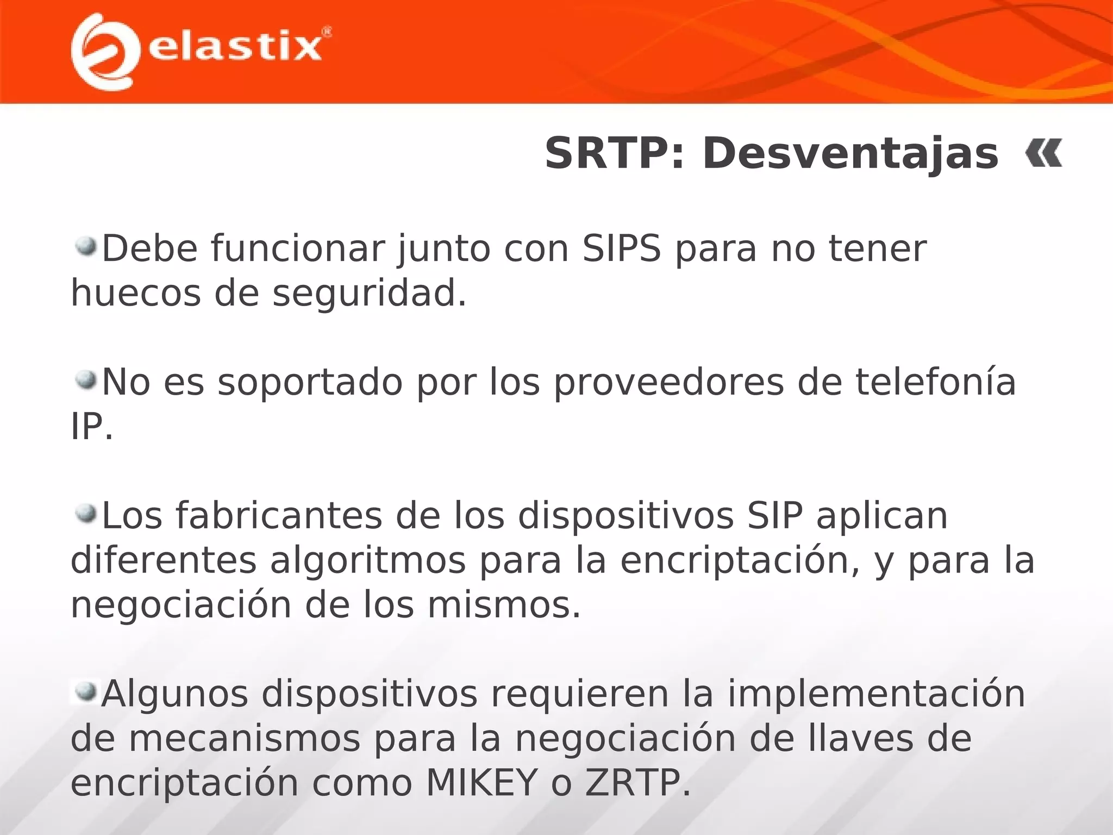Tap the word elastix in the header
click(235, 47)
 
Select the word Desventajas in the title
click(850, 154)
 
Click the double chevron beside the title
click(1043, 154)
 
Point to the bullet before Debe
click(86, 247)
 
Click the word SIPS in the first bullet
click(622, 249)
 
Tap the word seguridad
click(369, 294)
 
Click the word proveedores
click(669, 383)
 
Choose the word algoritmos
click(368, 561)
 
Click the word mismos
click(504, 606)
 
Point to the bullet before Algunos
click(86, 692)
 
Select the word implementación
click(876, 694)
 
